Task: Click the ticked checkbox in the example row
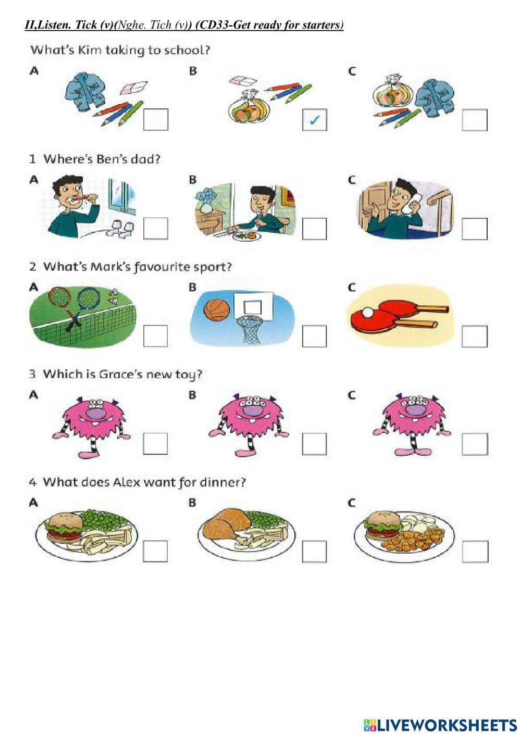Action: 314,120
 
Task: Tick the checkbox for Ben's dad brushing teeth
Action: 155,228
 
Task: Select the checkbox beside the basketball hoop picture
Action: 314,336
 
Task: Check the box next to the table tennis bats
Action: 474,336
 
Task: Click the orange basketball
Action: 216,310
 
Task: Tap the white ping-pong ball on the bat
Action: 368,313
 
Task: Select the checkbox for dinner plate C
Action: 475,552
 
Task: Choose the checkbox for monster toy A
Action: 155,444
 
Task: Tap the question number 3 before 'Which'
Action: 32,374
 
